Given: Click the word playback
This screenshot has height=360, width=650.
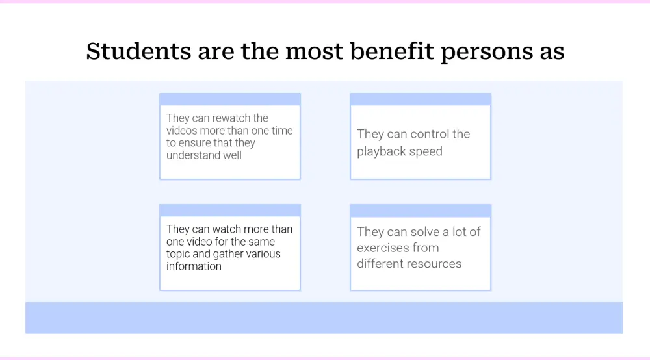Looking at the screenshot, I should pyautogui.click(x=383, y=152).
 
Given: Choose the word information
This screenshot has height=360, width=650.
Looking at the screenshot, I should pyautogui.click(x=194, y=266).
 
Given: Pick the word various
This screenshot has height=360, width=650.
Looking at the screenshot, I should pyautogui.click(x=263, y=254).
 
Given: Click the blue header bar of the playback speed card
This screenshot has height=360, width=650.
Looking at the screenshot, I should pyautogui.click(x=421, y=99).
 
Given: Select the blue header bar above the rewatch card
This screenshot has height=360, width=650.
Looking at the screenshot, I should pyautogui.click(x=230, y=99).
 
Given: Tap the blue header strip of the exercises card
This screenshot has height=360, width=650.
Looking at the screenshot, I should pyautogui.click(x=421, y=211).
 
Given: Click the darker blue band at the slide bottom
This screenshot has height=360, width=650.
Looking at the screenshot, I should pyautogui.click(x=324, y=318).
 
